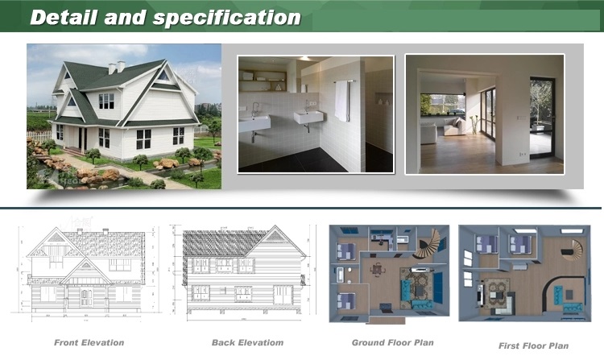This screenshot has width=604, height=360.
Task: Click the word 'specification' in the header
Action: [x=226, y=18]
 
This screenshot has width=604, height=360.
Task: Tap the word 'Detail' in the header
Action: [x=64, y=18]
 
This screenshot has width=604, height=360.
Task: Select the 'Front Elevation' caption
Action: [x=89, y=342]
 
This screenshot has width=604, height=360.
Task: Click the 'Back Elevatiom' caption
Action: [x=248, y=342]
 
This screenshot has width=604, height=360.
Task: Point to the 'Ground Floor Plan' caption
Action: [x=392, y=342]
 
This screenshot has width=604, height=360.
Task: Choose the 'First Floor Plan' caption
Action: [x=533, y=346]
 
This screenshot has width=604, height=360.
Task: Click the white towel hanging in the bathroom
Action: [x=341, y=101]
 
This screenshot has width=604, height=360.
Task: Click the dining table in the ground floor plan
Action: [x=378, y=269]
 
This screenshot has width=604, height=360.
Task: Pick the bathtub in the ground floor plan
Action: [x=341, y=275]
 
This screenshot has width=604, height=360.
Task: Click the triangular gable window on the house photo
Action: [x=163, y=76]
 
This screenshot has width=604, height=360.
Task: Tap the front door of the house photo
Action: [x=82, y=139]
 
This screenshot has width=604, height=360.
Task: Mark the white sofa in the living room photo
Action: [x=454, y=127]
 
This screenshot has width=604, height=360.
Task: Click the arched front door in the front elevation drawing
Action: [x=86, y=297]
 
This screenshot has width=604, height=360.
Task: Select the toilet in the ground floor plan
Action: [x=349, y=271]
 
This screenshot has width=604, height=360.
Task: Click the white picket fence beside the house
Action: [x=39, y=136]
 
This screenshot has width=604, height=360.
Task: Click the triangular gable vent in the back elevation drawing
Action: [x=275, y=237]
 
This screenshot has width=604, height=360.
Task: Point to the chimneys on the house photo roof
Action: [x=116, y=67]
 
